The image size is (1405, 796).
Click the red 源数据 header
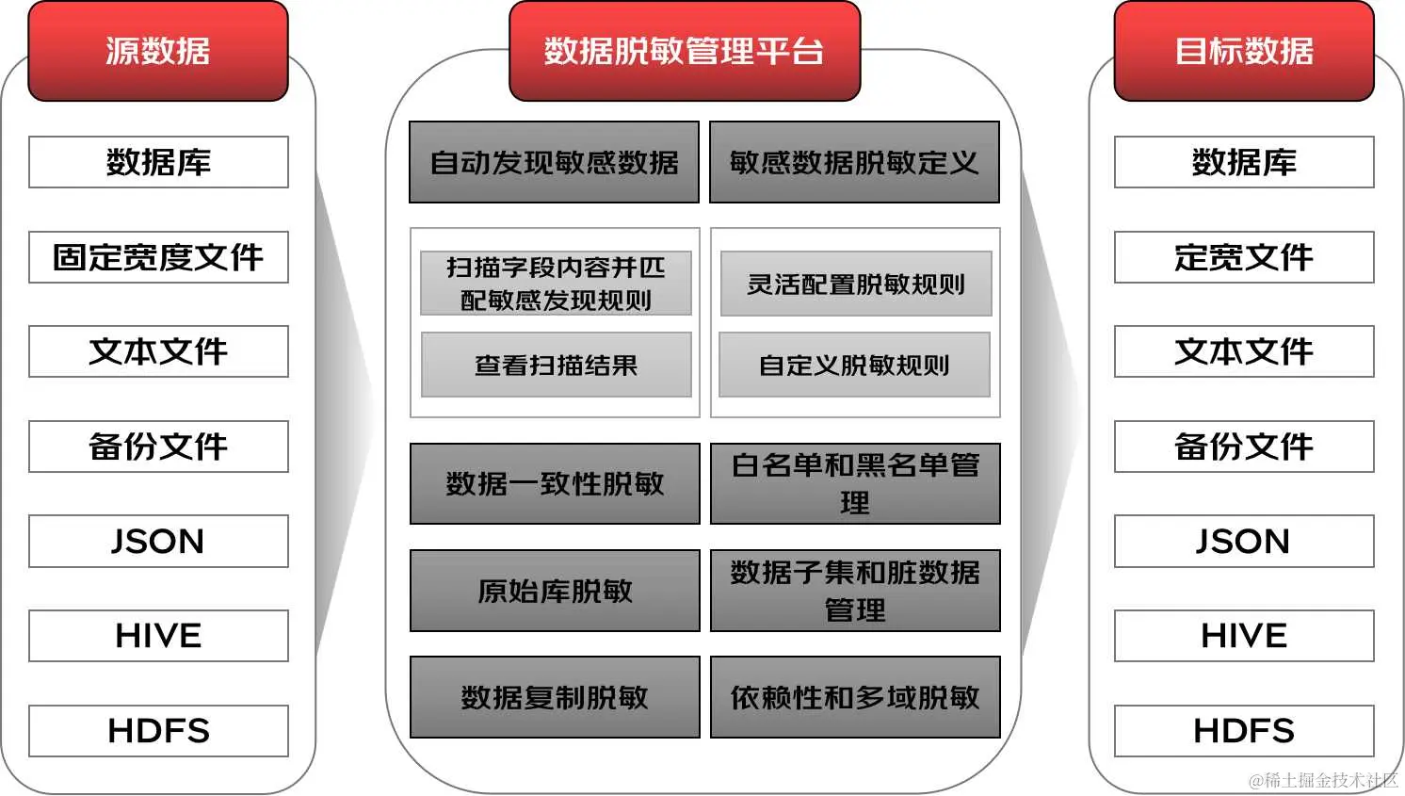pos(158,51)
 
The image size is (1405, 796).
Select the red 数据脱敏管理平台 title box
pos(685,51)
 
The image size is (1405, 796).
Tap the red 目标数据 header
pos(1244,51)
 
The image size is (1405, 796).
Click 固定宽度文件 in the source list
pos(158,257)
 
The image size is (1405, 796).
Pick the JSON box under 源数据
pos(158,541)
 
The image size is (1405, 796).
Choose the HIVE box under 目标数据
pos(1244,636)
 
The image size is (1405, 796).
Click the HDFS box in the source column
pos(158,730)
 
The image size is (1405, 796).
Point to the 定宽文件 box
pos(1244,257)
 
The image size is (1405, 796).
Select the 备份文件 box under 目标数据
pos(1244,447)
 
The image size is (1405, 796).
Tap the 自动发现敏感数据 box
pos(554,162)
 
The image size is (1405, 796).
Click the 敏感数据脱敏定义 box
pos(854,162)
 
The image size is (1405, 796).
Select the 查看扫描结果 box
pos(556,365)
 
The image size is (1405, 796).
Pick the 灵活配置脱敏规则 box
pos(856,284)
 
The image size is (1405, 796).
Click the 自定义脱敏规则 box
pos(854,365)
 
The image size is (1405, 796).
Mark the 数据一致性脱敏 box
pos(555,483)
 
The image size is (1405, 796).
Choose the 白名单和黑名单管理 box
pos(855,483)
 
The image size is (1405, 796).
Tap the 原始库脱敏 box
pos(555,591)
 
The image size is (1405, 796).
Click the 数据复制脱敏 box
pos(555,697)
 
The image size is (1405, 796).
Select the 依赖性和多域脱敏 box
pos(855,697)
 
